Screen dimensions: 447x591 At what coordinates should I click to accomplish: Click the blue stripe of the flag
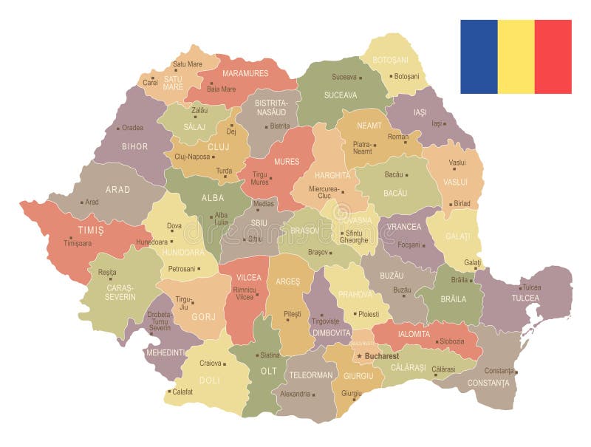click(x=479, y=57)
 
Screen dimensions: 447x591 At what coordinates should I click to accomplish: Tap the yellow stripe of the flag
click(x=516, y=57)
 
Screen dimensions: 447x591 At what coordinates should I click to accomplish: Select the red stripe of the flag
click(x=553, y=57)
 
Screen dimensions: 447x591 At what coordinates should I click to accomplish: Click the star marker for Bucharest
click(x=360, y=356)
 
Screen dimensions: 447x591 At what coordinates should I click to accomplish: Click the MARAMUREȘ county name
click(x=245, y=73)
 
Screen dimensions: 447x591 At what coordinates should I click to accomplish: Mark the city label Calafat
click(x=182, y=392)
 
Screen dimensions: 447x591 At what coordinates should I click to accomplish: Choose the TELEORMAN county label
click(x=311, y=375)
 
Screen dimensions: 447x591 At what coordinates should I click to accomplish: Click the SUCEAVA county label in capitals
click(x=340, y=95)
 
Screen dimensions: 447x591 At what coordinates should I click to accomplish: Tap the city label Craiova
click(x=211, y=363)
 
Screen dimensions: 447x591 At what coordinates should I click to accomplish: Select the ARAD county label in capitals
click(x=117, y=189)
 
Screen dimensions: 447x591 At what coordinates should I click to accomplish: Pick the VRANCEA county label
click(x=404, y=226)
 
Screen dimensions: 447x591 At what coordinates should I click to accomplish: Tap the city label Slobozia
click(x=451, y=341)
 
